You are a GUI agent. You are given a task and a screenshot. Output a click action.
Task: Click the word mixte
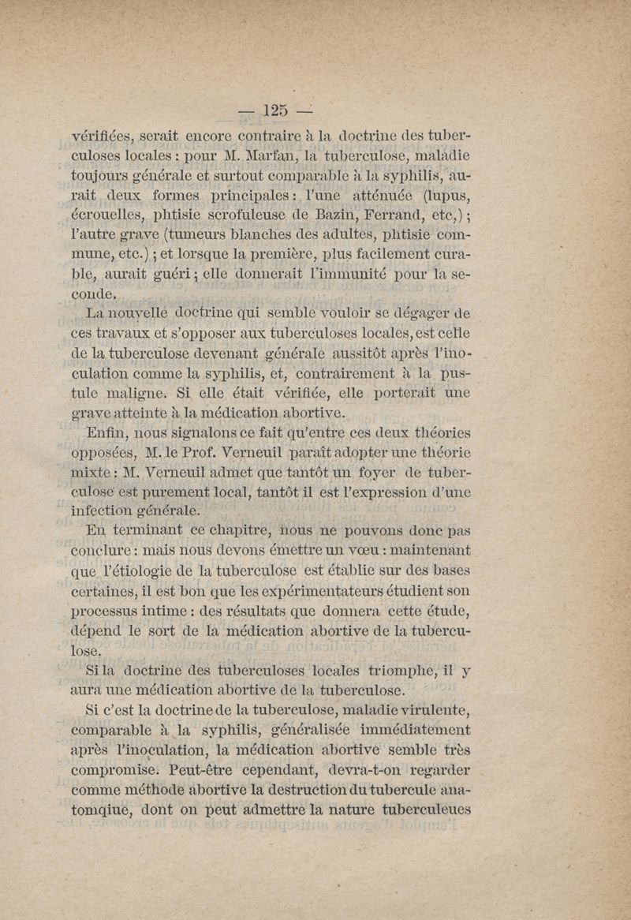pos(91,475)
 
